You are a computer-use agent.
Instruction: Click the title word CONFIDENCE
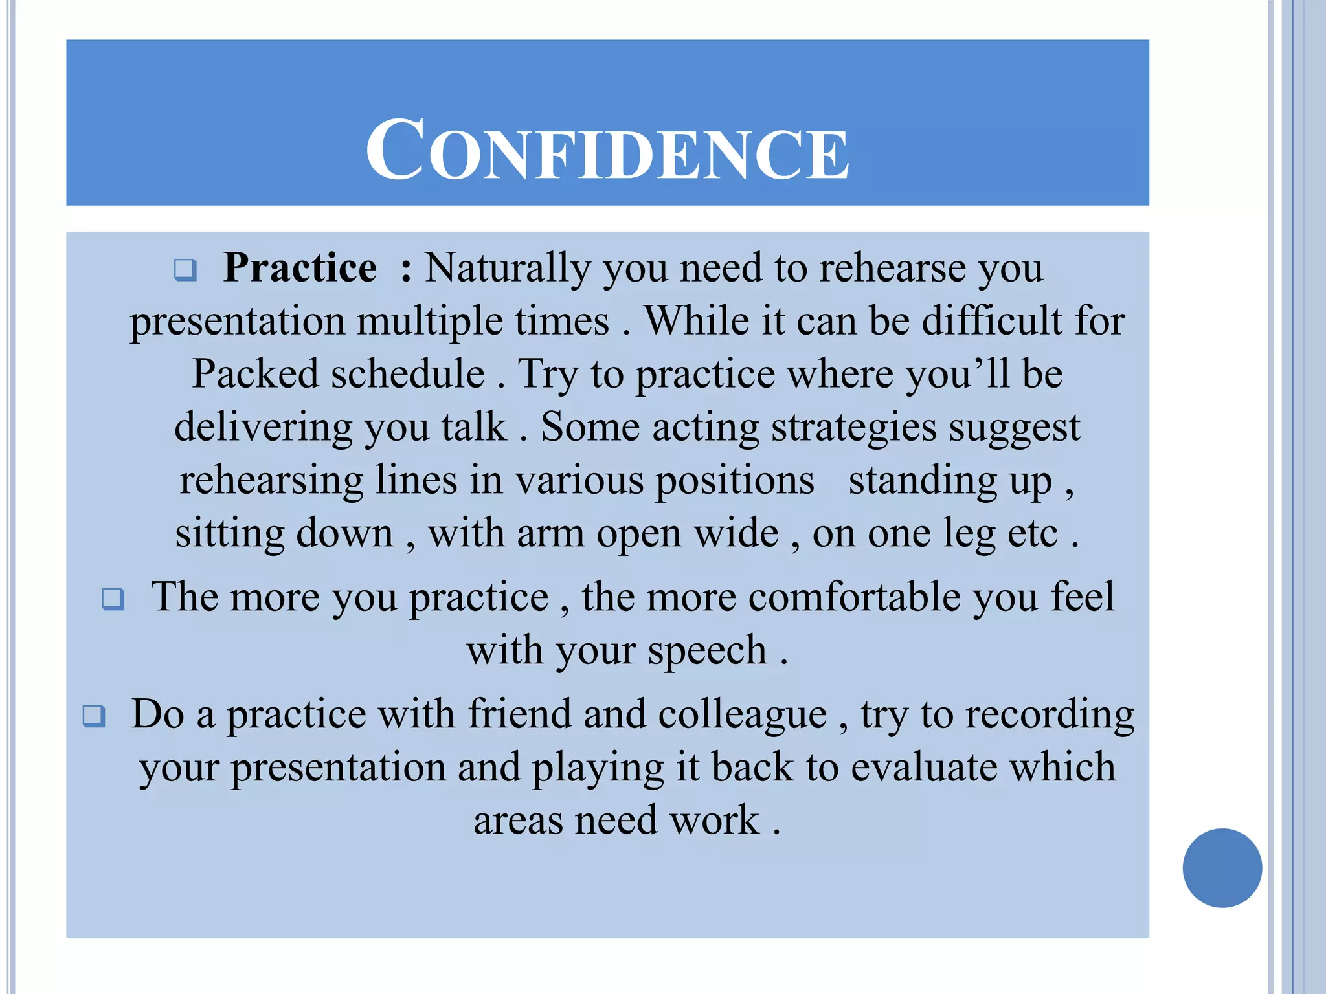[607, 151]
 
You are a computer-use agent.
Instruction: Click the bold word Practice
[300, 267]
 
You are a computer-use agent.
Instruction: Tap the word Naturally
[507, 269]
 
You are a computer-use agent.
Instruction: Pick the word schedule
[408, 374]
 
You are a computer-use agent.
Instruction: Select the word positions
[735, 481]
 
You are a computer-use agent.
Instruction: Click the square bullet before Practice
[185, 269]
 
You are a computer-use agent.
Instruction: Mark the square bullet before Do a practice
[94, 716]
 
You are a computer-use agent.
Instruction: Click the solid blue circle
[1222, 868]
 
